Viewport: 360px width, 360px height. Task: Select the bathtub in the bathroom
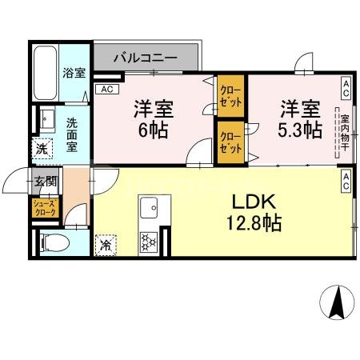46,72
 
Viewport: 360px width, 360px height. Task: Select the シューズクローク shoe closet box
44,208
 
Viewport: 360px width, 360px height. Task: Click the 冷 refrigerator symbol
106,242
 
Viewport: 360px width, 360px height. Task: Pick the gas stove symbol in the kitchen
148,241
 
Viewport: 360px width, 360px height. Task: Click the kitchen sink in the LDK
149,210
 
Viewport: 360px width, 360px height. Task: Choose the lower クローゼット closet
232,142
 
